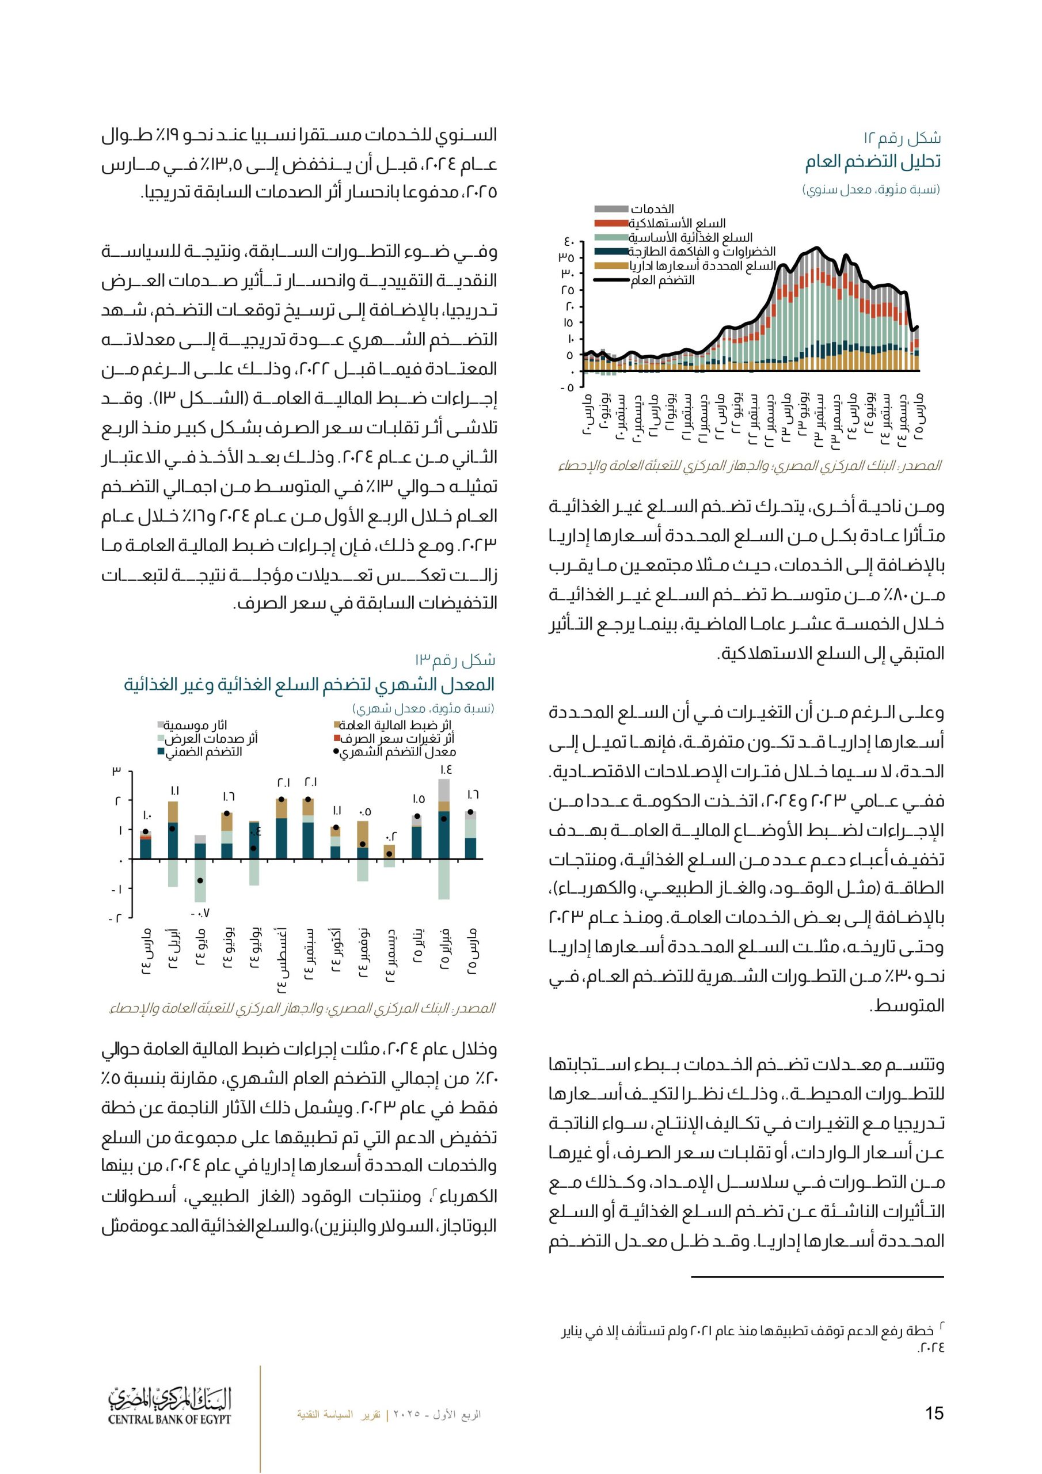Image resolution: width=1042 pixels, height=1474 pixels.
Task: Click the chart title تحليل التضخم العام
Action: [x=873, y=162]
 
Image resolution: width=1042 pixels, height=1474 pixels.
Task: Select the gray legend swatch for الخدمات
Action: [x=611, y=209]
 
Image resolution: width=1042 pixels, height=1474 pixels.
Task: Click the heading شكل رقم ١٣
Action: [x=455, y=660]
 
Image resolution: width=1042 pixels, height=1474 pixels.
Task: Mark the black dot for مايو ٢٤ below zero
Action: [x=200, y=881]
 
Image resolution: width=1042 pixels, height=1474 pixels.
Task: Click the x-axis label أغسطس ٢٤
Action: [x=282, y=960]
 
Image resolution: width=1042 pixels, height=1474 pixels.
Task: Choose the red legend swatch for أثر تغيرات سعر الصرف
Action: [x=336, y=738]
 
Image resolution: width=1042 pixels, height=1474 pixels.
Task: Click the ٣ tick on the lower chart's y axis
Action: [x=117, y=771]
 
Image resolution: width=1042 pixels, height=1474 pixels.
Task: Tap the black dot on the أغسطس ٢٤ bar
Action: [x=281, y=800]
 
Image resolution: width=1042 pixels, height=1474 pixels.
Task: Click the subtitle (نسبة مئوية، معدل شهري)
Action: [x=423, y=708]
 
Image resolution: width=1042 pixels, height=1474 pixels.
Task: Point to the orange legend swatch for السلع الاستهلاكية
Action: [x=611, y=223]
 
